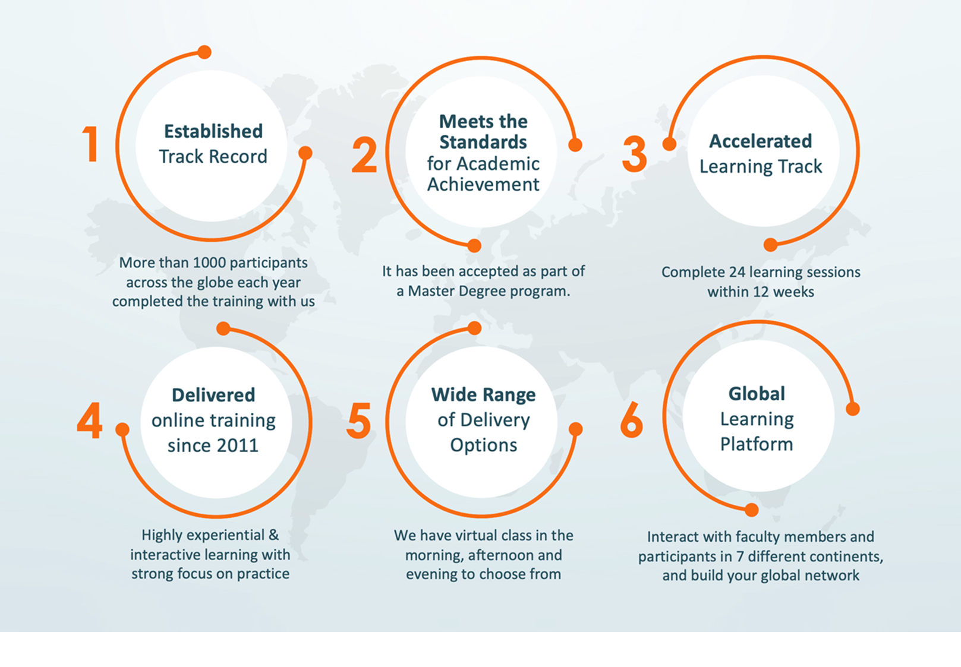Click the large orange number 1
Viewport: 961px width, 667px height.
pos(91,144)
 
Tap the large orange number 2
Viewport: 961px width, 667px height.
pos(364,155)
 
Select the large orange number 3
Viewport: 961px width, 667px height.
pos(634,154)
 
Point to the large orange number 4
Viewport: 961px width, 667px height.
pos(90,421)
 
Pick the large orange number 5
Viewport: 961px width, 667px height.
pos(359,421)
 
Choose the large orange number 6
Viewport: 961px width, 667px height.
pos(631,419)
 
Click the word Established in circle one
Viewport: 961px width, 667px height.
pos(213,131)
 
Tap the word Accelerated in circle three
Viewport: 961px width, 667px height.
pos(760,141)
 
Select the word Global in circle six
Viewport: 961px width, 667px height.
pos(757,393)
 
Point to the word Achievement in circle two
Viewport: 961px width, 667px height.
pos(483,185)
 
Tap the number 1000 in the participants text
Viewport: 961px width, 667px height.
pos(210,263)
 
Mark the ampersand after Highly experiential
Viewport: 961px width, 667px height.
pos(273,535)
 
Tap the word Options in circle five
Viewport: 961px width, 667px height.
pos(483,445)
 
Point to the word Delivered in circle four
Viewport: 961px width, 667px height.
pos(213,395)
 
